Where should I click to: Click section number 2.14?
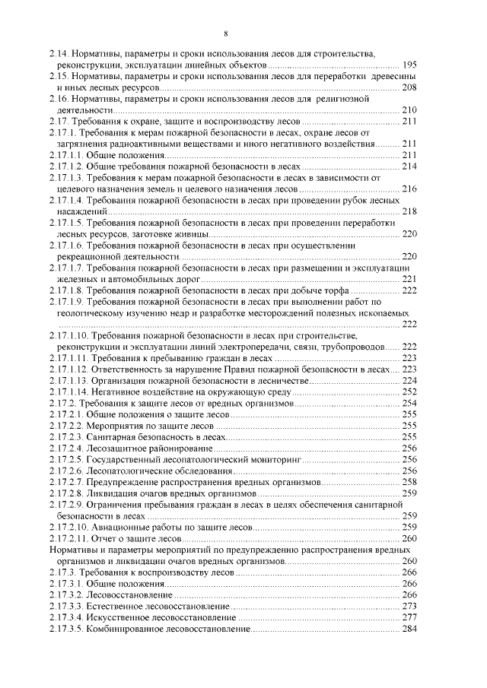(58, 55)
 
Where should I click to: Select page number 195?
(409, 66)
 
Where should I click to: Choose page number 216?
(409, 189)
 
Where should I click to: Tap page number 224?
(409, 380)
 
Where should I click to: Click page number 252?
(409, 392)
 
